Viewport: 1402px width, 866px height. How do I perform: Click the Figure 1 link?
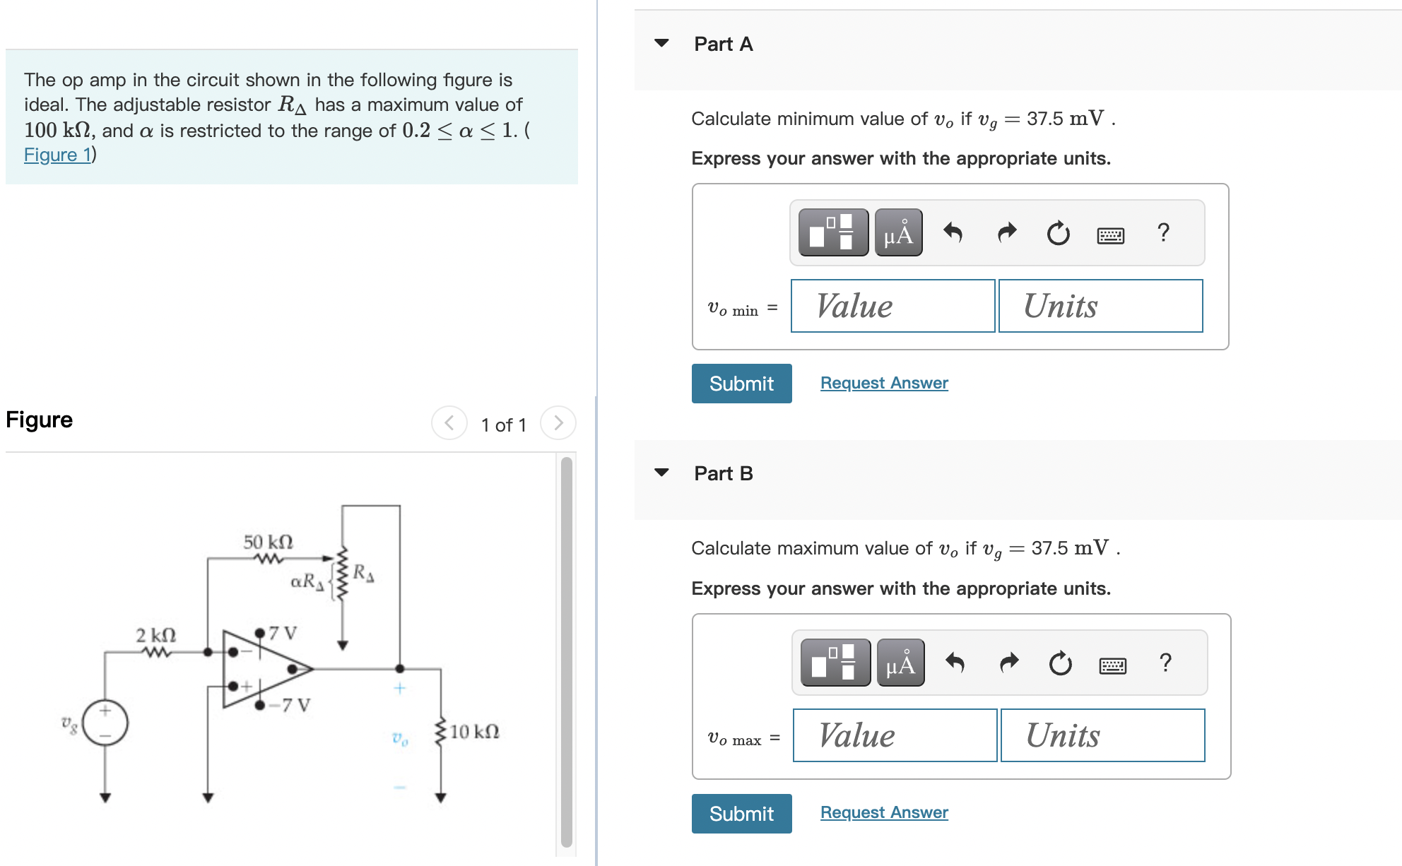[57, 155]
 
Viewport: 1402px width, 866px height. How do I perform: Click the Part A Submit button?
[741, 384]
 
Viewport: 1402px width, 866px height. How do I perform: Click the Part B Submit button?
[741, 814]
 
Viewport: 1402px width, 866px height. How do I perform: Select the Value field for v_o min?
[893, 306]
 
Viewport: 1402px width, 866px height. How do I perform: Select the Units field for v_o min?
[1100, 306]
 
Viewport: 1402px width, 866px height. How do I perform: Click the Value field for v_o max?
[895, 735]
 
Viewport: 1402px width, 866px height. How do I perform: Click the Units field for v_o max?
[1102, 735]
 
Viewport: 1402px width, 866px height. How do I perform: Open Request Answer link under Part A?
[884, 383]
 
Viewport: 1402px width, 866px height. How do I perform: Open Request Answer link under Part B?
[884, 812]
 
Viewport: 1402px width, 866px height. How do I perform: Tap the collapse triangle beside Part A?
[661, 43]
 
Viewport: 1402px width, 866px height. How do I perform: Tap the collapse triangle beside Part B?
[661, 473]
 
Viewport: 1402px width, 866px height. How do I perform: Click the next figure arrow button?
[558, 423]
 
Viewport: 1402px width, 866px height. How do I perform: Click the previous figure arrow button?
[449, 423]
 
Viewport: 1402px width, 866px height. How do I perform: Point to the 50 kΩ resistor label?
[268, 542]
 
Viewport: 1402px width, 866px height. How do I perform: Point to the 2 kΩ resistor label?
[156, 634]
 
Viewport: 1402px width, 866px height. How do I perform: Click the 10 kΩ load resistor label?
[474, 731]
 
